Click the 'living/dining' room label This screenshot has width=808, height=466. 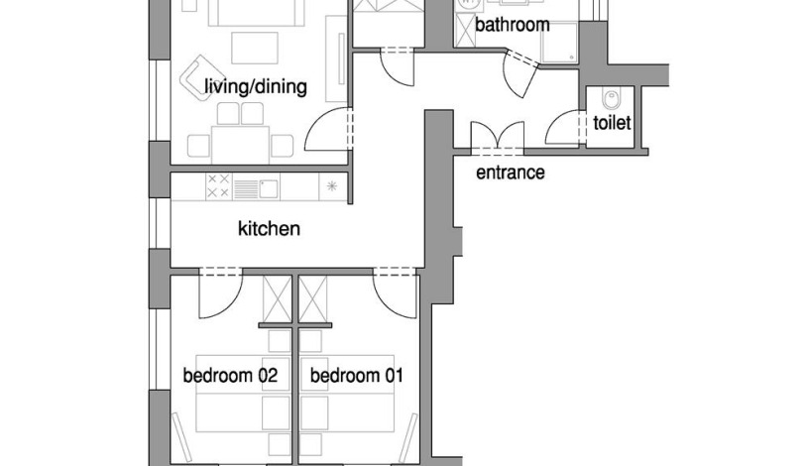(x=256, y=86)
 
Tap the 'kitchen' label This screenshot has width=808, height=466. (x=269, y=228)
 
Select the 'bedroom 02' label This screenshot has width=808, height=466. (x=230, y=375)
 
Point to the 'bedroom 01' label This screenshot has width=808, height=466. (x=357, y=375)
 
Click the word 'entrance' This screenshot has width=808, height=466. (x=511, y=173)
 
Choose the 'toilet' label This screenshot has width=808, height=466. (x=612, y=123)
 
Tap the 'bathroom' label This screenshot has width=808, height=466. (x=513, y=24)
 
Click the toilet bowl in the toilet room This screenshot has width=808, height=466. (x=612, y=98)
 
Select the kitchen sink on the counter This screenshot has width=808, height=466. (x=268, y=188)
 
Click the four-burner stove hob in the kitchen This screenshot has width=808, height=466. (x=218, y=186)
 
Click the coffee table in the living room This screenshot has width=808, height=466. (x=255, y=48)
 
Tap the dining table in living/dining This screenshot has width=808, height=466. (x=240, y=145)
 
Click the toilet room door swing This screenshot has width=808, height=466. (x=564, y=127)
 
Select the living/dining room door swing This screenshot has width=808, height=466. (x=328, y=129)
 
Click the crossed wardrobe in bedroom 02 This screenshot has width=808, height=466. (x=277, y=299)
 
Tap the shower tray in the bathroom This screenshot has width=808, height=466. (x=559, y=42)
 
